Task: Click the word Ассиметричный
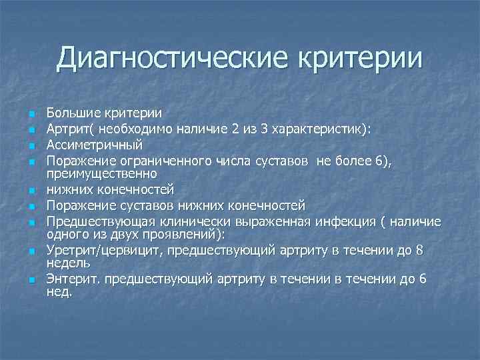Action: (x=94, y=143)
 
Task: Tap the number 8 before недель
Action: (x=437, y=250)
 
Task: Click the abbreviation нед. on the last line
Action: (x=59, y=293)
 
